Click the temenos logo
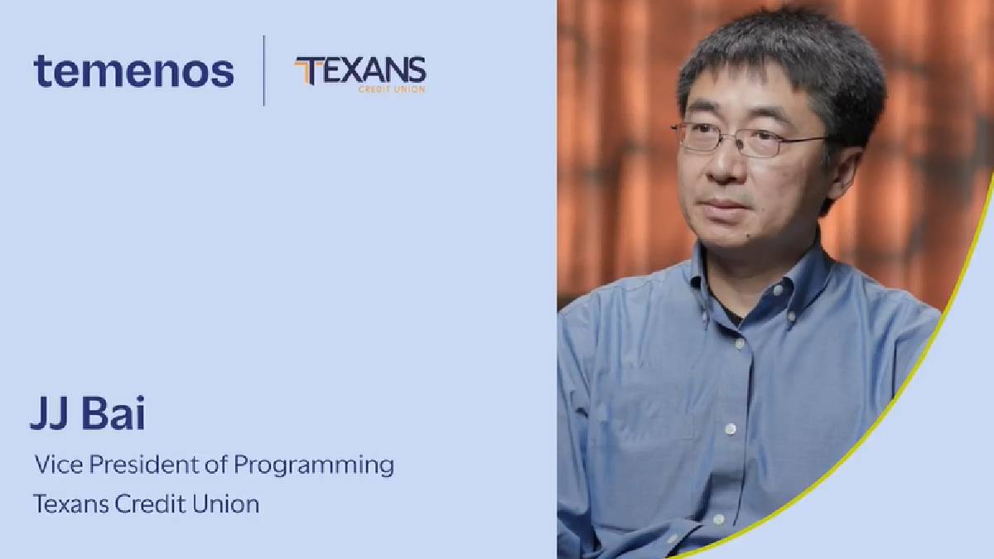(133, 71)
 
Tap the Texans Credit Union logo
(359, 74)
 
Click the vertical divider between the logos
(264, 70)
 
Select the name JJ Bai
(88, 412)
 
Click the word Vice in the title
(59, 465)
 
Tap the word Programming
(314, 465)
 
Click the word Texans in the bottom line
(71, 504)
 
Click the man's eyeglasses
(747, 139)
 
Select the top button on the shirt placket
(739, 344)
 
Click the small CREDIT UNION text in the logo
(392, 89)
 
